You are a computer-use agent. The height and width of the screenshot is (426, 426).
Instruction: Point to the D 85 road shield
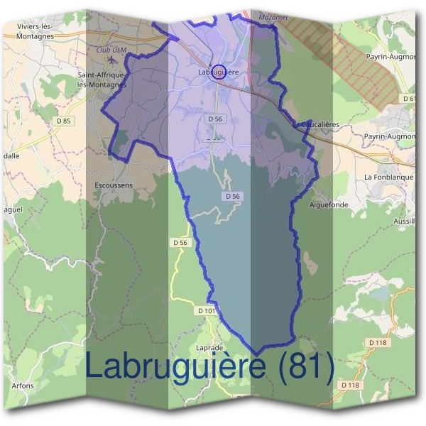tap(64, 121)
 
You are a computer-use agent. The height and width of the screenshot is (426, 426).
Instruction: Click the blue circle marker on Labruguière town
tap(219, 71)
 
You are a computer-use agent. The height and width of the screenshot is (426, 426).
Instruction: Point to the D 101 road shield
tap(206, 311)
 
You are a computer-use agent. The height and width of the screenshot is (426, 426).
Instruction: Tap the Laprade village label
tap(209, 348)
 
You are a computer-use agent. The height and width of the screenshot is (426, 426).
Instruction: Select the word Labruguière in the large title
tap(176, 368)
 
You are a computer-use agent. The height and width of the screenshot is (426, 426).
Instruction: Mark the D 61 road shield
tap(408, 98)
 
